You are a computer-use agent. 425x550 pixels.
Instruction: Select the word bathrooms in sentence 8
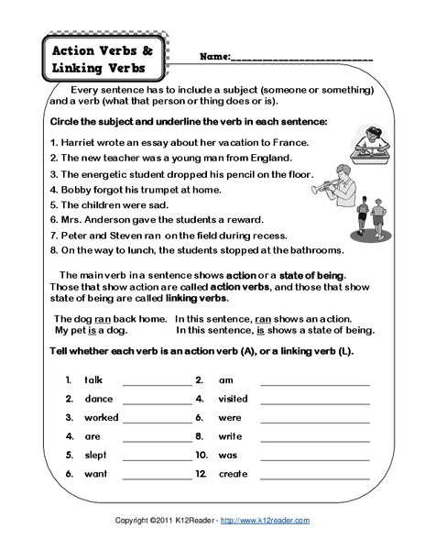(313, 249)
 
